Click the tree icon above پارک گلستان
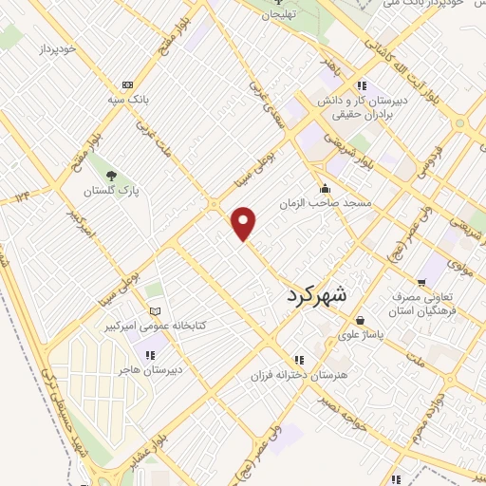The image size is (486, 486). (112, 176)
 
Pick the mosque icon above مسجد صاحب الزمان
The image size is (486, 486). (327, 188)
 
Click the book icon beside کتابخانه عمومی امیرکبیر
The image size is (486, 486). (156, 311)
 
